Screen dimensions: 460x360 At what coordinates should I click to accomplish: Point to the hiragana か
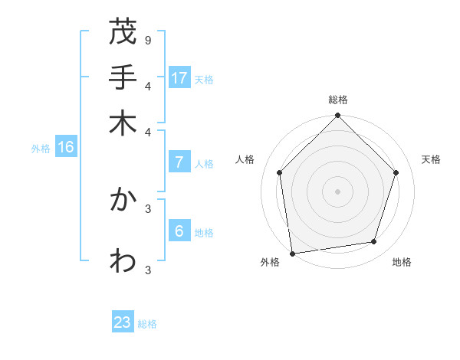point(123,200)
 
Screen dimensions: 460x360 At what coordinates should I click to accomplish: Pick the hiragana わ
point(123,260)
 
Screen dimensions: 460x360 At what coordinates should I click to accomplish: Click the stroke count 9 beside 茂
point(147,39)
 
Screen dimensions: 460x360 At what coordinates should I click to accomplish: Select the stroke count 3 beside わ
point(147,269)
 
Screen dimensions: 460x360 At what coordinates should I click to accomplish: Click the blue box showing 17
point(179,77)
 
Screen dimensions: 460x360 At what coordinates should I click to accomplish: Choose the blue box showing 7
point(179,162)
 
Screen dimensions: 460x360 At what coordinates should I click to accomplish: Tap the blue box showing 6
point(179,231)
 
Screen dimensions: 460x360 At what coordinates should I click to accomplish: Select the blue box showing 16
point(66,147)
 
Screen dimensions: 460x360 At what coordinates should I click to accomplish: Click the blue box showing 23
point(123,322)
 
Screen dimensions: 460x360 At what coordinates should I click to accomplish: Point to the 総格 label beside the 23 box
point(147,324)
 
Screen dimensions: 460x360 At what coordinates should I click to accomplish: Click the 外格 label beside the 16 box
point(41,149)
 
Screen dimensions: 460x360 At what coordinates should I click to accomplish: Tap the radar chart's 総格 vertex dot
point(337,116)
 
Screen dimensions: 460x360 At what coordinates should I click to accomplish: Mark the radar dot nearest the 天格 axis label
point(396,172)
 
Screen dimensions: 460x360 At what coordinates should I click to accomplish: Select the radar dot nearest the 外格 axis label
point(293,253)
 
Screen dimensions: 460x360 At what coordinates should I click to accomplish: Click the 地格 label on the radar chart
point(402,263)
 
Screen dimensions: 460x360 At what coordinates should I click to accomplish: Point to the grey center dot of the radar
point(337,191)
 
